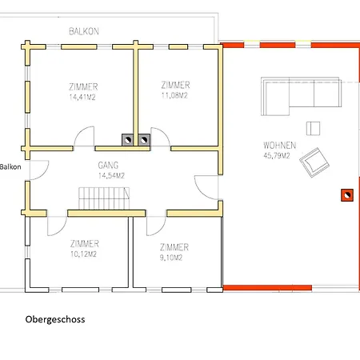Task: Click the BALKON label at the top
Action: pos(84,31)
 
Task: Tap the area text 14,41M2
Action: pos(82,97)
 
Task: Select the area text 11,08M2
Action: pos(174,95)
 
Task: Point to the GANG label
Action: pos(108,166)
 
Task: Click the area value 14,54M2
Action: pos(111,175)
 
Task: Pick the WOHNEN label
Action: pos(280,146)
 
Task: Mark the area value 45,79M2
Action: pos(277,155)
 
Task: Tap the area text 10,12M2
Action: pos(83,254)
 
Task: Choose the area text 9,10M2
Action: pos(171,258)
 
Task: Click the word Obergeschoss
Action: pos(55,319)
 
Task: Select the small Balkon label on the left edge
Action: pos(10,167)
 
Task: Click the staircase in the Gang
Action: pos(104,198)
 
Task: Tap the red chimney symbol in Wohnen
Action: pos(347,195)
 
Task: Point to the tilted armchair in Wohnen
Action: pos(314,162)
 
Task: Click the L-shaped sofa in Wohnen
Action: pos(302,96)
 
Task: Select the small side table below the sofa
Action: pos(313,128)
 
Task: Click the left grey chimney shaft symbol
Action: pos(128,140)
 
